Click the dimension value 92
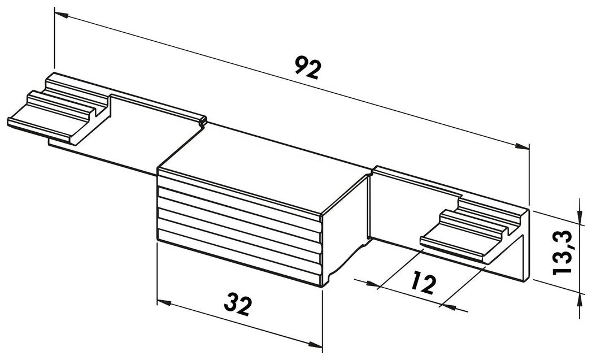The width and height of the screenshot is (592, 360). [x=308, y=68]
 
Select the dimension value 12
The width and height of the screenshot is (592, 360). [x=423, y=283]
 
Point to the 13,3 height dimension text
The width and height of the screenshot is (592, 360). [x=563, y=253]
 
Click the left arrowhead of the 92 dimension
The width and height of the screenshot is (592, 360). [x=61, y=15]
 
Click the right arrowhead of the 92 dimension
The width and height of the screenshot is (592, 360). [x=522, y=146]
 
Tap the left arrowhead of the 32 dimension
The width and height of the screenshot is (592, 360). [x=164, y=302]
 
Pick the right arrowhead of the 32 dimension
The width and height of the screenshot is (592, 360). [x=315, y=344]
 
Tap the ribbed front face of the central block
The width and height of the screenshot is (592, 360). [x=239, y=226]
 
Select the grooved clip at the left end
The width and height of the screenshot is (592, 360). [x=59, y=109]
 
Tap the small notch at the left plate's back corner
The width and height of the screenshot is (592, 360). [x=203, y=121]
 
